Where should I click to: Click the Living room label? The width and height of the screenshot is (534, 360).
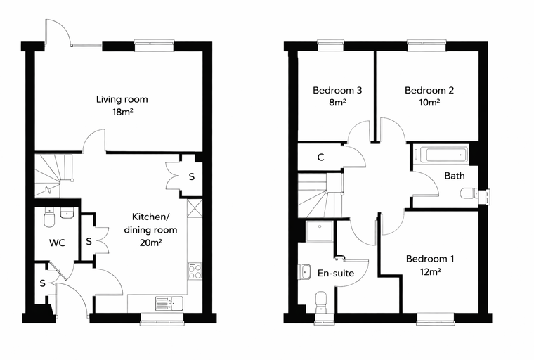coord(122,99)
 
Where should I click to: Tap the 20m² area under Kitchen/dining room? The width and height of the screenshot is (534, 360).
coord(150,243)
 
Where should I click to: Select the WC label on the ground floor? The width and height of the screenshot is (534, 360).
coord(57,243)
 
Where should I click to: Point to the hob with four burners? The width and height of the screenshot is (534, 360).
coord(195,271)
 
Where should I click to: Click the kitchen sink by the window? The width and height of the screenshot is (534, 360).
coord(169,304)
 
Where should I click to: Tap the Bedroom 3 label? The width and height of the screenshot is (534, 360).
coord(337,90)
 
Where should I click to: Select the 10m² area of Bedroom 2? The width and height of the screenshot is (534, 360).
coord(429,102)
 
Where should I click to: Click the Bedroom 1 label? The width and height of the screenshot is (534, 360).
coord(430,259)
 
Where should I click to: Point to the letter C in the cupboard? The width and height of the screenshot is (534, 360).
coord(320,157)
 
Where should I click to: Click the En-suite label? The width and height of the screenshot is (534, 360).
coord(336,273)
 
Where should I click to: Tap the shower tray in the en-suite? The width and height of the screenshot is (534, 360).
coord(319,231)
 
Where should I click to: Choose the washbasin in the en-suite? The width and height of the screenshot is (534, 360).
coord(305,272)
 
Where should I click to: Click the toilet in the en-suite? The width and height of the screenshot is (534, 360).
coord(322,302)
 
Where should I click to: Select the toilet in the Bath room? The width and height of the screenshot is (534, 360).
coord(469,193)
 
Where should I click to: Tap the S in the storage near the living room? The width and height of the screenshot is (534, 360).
coord(192,176)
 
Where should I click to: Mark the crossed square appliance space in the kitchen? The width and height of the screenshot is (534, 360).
coord(195,208)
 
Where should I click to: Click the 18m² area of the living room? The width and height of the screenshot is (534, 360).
coord(122,112)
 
